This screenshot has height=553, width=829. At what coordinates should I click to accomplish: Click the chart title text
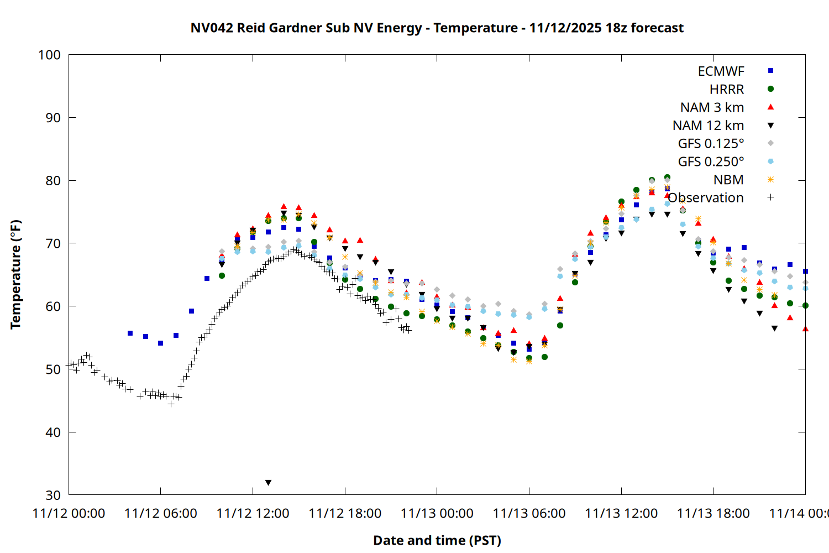pyautogui.click(x=437, y=28)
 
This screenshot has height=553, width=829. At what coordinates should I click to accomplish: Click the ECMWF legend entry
pyautogui.click(x=721, y=71)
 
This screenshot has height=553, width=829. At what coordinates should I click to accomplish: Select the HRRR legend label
pyautogui.click(x=726, y=90)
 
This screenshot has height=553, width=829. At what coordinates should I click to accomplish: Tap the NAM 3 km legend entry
pyautogui.click(x=712, y=107)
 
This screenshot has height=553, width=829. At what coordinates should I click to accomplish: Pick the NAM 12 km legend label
pyautogui.click(x=708, y=126)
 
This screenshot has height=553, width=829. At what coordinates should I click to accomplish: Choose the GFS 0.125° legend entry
pyautogui.click(x=711, y=144)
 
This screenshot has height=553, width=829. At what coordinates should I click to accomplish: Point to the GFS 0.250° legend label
pyautogui.click(x=711, y=161)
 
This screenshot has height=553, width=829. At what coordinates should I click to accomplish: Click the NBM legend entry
pyautogui.click(x=728, y=180)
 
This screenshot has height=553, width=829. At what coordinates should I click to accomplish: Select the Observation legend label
pyautogui.click(x=706, y=198)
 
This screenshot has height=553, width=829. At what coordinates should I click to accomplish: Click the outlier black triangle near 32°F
pyautogui.click(x=269, y=483)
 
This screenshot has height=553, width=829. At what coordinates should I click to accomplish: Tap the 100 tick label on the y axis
pyautogui.click(x=49, y=55)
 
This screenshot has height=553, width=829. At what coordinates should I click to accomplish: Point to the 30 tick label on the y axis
pyautogui.click(x=53, y=495)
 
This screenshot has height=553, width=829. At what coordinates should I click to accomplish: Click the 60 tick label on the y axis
pyautogui.click(x=53, y=306)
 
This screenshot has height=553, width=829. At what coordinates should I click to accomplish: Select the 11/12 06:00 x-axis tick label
pyautogui.click(x=161, y=514)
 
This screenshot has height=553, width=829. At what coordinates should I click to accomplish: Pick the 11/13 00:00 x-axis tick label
pyautogui.click(x=437, y=514)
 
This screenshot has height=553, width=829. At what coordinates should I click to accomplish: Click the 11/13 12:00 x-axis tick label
pyautogui.click(x=621, y=514)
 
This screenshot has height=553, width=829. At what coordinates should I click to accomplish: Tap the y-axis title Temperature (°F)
pyautogui.click(x=15, y=274)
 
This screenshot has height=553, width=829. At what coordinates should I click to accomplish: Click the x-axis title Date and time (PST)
pyautogui.click(x=437, y=540)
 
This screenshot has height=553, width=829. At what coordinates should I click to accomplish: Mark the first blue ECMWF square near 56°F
pyautogui.click(x=130, y=333)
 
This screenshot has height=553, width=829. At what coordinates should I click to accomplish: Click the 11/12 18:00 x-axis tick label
pyautogui.click(x=345, y=514)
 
